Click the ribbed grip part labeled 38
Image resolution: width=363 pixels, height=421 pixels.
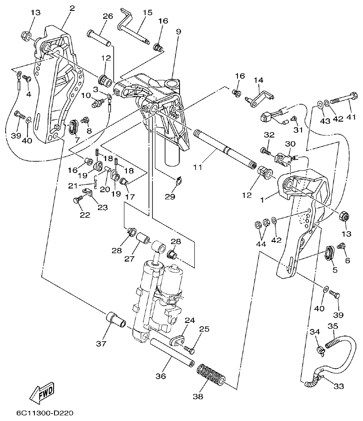click(x=211, y=374)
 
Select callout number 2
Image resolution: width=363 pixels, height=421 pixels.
click(x=72, y=8)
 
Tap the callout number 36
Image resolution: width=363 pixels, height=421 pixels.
click(x=161, y=376)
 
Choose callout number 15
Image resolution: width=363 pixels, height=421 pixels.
click(x=148, y=13)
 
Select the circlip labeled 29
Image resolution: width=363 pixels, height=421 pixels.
click(x=178, y=180)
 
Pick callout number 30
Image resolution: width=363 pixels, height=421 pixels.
click(x=290, y=144)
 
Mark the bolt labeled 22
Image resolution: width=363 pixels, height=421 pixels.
click(x=78, y=201)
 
